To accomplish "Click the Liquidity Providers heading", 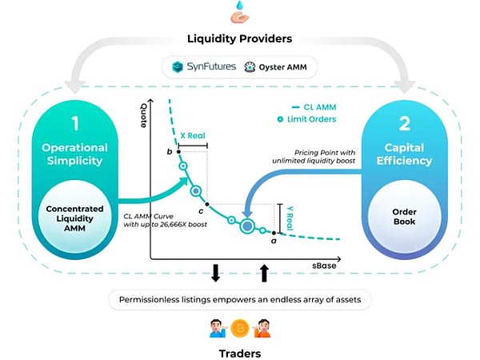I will tap(239, 38).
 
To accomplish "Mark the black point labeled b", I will tap(178, 151).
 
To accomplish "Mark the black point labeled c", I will tap(206, 203).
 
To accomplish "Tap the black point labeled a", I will tap(274, 233).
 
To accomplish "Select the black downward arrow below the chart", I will tap(215, 274).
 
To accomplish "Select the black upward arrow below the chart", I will tap(265, 274).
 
